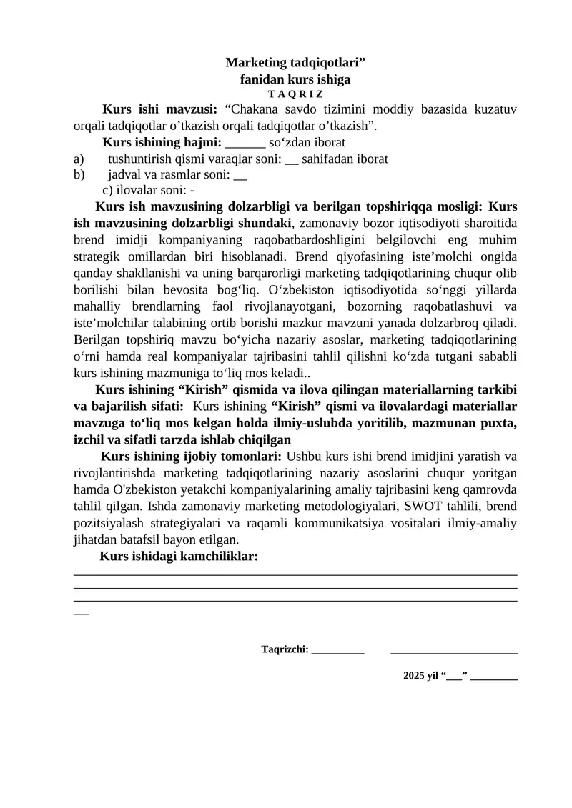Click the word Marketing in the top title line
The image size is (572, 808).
click(x=255, y=64)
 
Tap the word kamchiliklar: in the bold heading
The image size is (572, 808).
click(x=220, y=556)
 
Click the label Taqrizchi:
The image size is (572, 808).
click(x=285, y=649)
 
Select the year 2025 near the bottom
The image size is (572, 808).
click(x=414, y=675)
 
